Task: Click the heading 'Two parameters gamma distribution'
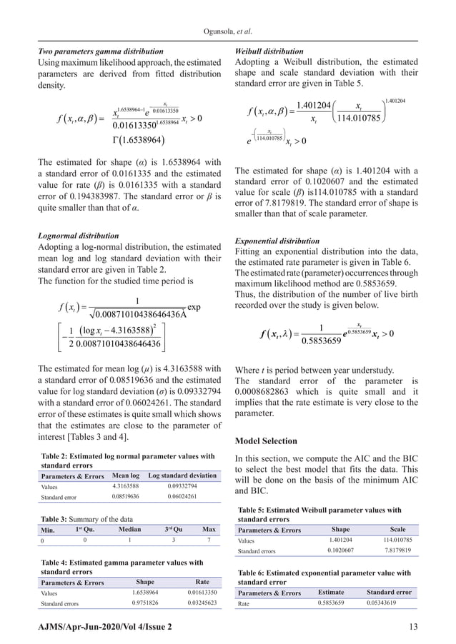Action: point(99,51)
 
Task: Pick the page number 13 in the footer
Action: point(414,626)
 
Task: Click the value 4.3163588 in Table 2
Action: point(126,486)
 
